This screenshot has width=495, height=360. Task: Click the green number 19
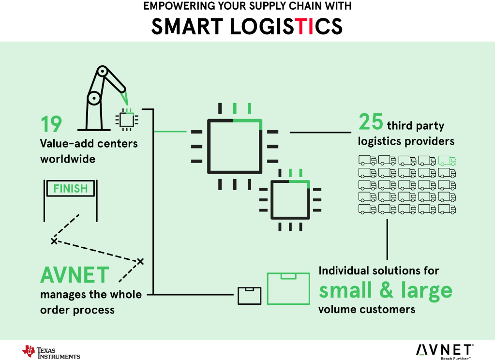click(x=51, y=124)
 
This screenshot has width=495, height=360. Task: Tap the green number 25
click(x=371, y=122)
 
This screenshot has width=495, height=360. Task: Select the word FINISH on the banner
click(x=71, y=188)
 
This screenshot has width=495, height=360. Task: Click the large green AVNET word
click(x=75, y=275)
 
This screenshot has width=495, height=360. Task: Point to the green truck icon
click(x=447, y=161)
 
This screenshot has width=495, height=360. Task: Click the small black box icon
click(x=249, y=296)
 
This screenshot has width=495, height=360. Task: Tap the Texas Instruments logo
click(x=51, y=352)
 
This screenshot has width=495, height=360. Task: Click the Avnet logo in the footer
click(x=444, y=350)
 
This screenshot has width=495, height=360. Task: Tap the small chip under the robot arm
click(x=127, y=119)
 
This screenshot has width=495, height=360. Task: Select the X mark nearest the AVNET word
click(x=140, y=261)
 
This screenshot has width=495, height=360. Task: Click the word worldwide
click(x=68, y=159)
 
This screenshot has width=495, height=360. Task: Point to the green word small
click(x=345, y=290)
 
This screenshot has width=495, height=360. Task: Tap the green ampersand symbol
click(x=387, y=290)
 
